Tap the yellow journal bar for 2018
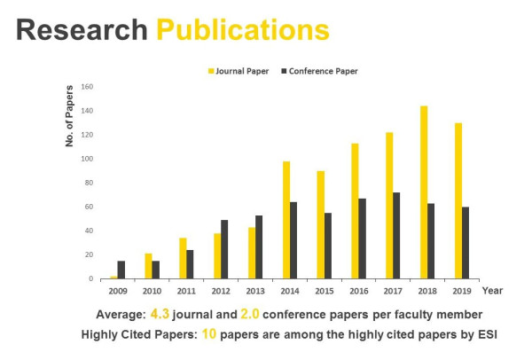pos(424,192)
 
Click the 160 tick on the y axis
pos(87,87)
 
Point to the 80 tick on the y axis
pos(89,183)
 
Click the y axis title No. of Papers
pos(71,115)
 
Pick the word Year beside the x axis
pos(493,290)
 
